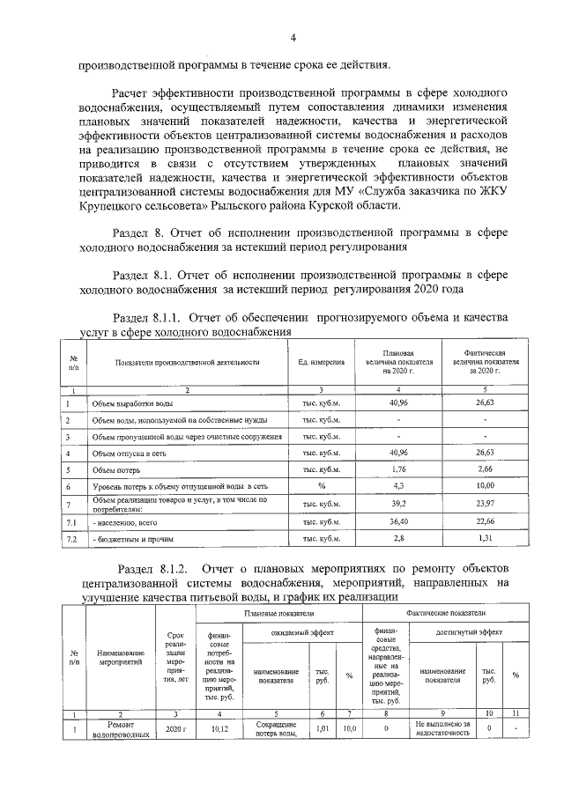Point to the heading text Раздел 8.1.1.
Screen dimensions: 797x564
coord(148,317)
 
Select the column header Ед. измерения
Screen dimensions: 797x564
coord(321,361)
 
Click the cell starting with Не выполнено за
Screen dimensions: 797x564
coord(442,723)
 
